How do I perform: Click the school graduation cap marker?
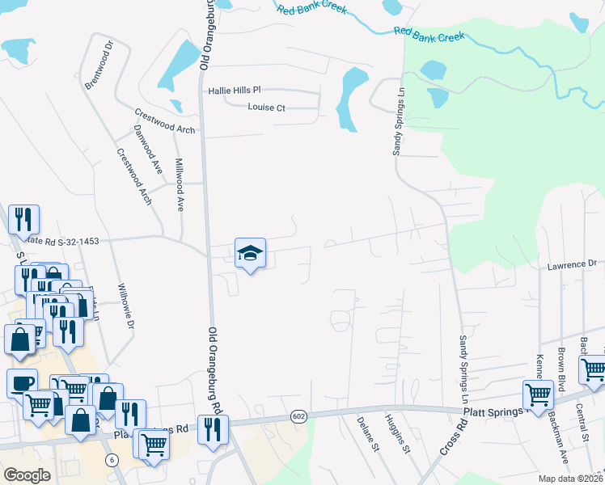(x=250, y=255)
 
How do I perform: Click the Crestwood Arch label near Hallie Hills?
(x=164, y=123)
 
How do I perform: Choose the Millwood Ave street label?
(x=180, y=185)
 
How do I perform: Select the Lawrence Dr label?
(x=571, y=265)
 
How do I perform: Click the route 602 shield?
(x=298, y=416)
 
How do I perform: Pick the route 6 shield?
(x=111, y=459)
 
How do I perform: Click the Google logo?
(x=27, y=474)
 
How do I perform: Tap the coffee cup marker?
(x=22, y=384)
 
